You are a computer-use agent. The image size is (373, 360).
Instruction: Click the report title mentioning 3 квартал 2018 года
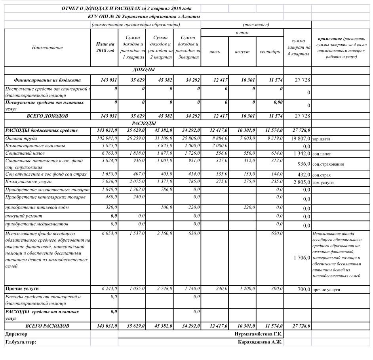tap(127, 8)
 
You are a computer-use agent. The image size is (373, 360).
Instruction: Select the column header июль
tap(215, 52)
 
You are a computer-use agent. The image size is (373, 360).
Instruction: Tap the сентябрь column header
tap(270, 52)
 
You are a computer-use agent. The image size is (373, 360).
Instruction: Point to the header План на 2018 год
tap(105, 47)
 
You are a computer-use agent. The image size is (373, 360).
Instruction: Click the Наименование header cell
tap(48, 47)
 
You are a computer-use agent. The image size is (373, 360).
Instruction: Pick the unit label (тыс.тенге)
tap(256, 25)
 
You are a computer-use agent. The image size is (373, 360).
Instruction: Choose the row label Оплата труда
tap(21, 138)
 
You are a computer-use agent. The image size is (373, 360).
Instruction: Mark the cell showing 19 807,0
tap(300, 139)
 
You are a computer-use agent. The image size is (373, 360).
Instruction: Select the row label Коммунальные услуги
tap(28, 182)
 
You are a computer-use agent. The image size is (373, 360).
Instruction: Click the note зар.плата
tap(321, 139)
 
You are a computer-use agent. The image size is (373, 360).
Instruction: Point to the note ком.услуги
tap(323, 183)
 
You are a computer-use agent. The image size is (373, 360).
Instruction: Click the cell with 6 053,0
tap(109, 233)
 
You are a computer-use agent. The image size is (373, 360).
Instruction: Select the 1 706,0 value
tap(301, 258)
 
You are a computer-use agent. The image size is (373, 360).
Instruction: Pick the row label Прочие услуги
tap(22, 289)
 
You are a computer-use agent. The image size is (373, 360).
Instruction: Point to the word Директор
tap(16, 334)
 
